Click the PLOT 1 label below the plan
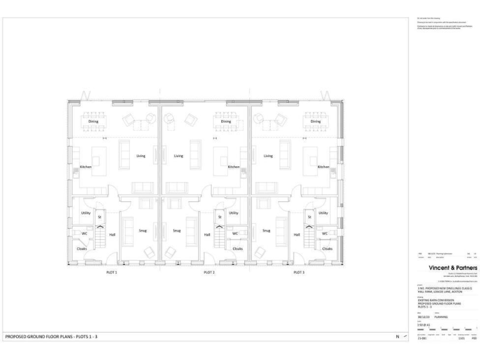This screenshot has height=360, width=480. (x=111, y=272)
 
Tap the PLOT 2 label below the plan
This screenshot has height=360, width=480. (x=209, y=272)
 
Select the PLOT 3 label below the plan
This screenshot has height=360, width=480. (x=299, y=272)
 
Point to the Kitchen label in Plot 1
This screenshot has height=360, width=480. (x=86, y=167)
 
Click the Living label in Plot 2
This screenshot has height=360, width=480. (x=179, y=156)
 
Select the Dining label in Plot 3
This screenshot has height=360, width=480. (x=316, y=122)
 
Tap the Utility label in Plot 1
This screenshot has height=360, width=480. (x=86, y=213)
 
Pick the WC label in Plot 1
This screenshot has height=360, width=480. (x=84, y=234)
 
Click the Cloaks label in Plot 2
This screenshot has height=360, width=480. (x=237, y=248)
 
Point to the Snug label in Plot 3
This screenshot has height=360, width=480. (x=267, y=230)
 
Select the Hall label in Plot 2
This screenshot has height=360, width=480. (x=207, y=235)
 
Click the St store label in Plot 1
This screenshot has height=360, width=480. (x=99, y=217)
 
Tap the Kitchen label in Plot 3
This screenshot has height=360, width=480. (x=323, y=167)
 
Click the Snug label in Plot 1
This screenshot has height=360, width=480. (x=142, y=230)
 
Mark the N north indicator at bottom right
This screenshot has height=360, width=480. (x=396, y=337)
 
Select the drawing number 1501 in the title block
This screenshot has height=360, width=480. (x=461, y=337)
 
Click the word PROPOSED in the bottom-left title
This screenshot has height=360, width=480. (x=17, y=337)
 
